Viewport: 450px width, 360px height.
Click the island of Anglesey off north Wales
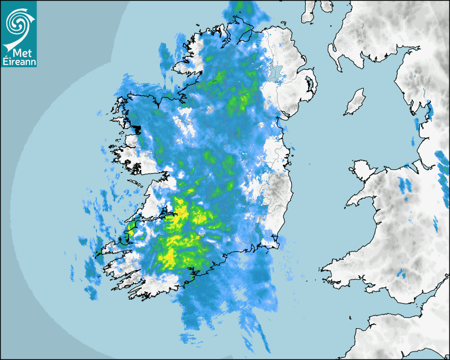pos(362,168)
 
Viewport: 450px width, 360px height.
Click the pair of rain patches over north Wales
pos(405,185)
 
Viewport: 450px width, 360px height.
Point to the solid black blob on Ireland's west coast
pos(136,129)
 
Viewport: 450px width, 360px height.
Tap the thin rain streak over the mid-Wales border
pos(435,225)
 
